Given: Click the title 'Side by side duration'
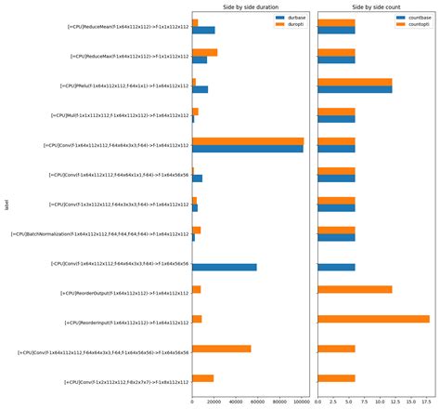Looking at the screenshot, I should click(250, 7).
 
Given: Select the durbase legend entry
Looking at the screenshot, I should click(290, 18).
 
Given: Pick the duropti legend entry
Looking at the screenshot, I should click(290, 25).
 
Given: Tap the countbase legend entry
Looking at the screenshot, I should click(414, 18).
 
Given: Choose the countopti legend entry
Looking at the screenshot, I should click(414, 25).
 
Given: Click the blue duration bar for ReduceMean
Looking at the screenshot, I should click(203, 31).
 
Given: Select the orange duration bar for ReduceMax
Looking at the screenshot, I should click(204, 53).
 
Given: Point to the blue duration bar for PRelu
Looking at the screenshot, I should click(200, 89).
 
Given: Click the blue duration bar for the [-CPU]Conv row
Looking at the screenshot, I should click(224, 267).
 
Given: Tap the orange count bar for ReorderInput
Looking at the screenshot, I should click(373, 319).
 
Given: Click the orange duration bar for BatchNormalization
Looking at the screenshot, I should click(196, 230).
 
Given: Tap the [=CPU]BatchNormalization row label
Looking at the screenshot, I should click(100, 234).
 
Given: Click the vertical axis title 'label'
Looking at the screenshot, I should click(6, 204).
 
